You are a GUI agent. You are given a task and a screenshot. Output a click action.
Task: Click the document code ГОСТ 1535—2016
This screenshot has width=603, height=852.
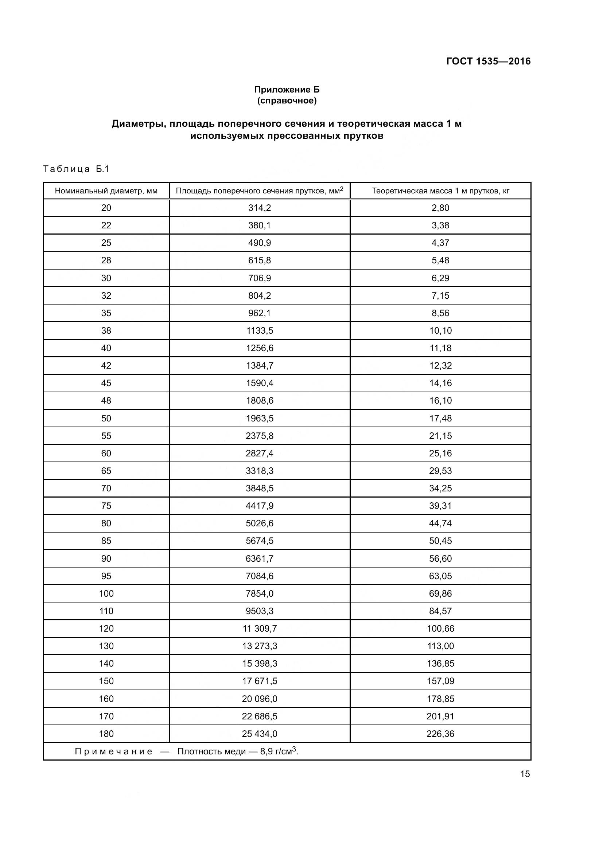488,61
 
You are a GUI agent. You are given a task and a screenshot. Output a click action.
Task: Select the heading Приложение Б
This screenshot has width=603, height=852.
287,90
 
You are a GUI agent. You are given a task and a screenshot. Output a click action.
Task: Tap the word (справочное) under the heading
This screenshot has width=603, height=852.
287,101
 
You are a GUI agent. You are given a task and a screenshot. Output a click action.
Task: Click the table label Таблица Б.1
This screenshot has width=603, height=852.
76,169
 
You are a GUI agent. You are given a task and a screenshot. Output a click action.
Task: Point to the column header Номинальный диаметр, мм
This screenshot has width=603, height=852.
106,191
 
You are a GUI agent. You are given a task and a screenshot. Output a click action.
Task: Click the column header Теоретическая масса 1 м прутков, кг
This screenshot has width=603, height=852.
440,191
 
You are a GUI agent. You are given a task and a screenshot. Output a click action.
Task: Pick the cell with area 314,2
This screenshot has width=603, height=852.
260,208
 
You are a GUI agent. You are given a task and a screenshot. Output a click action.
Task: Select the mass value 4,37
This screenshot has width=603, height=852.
440,243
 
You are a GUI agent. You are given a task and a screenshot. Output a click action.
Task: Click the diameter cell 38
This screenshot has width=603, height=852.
106,331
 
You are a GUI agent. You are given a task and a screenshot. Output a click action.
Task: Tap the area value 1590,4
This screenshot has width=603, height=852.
260,383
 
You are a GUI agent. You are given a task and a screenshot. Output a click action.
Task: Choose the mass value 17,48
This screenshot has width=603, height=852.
440,418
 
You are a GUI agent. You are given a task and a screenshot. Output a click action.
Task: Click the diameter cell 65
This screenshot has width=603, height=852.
106,471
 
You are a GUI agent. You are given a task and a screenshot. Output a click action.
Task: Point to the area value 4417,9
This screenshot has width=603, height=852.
260,506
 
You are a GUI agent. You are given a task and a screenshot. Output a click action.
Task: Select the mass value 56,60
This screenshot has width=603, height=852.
440,558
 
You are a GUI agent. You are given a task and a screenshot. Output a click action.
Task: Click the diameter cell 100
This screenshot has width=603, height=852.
106,593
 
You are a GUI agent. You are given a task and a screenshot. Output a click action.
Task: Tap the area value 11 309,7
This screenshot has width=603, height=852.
260,629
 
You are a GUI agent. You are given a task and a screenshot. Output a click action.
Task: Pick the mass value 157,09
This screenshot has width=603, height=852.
440,681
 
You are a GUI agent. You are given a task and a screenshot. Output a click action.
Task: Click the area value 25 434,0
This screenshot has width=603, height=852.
260,734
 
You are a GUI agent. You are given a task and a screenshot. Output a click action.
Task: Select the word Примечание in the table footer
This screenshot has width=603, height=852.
113,751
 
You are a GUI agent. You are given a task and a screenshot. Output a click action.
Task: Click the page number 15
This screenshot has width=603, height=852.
525,774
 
